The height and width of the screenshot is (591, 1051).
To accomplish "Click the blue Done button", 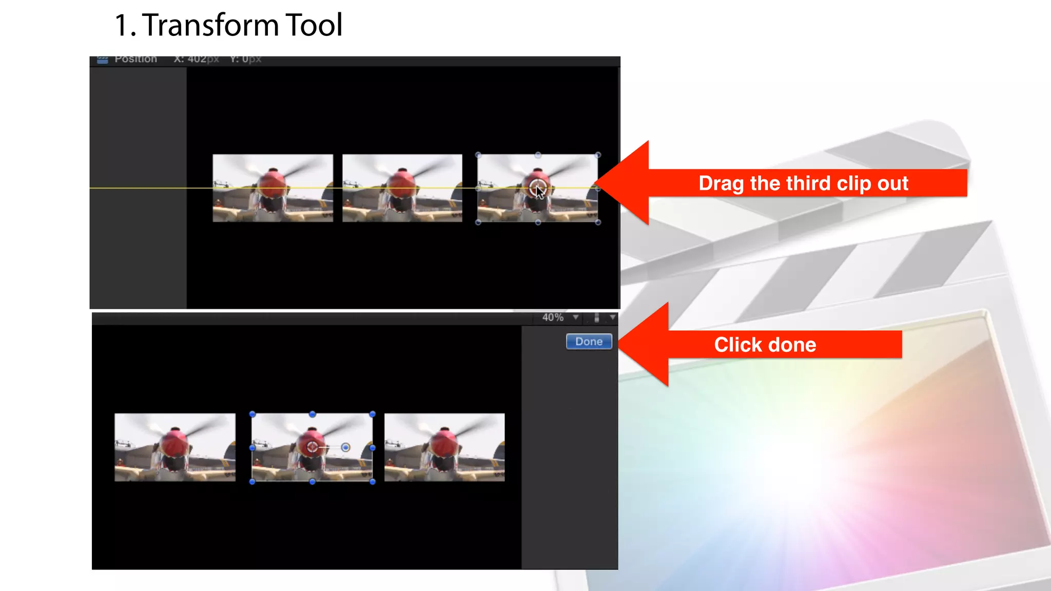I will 589,342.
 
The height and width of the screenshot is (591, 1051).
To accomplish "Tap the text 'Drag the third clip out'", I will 803,183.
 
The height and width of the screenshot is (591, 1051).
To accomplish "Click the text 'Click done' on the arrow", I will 765,345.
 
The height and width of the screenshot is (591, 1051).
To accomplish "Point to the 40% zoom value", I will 553,318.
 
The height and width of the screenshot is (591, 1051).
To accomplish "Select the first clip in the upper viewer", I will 273,188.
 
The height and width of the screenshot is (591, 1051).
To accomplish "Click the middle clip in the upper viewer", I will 402,188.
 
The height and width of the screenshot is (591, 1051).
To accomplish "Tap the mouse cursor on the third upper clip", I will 539,191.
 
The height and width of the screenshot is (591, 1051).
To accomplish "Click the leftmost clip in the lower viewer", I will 175,447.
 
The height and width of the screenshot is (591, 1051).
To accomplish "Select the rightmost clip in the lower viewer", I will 444,447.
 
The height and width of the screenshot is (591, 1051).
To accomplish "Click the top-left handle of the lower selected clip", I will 252,414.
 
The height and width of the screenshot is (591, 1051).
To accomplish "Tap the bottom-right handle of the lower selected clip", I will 373,482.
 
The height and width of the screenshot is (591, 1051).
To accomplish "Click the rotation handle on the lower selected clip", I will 346,447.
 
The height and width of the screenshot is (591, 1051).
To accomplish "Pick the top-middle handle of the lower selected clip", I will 313,414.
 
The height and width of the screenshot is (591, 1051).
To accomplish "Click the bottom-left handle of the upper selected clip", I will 478,222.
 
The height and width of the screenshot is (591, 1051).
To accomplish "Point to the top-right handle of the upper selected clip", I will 598,155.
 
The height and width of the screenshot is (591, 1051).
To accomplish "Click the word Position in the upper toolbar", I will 135,60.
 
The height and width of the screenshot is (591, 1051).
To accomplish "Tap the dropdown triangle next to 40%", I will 576,318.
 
